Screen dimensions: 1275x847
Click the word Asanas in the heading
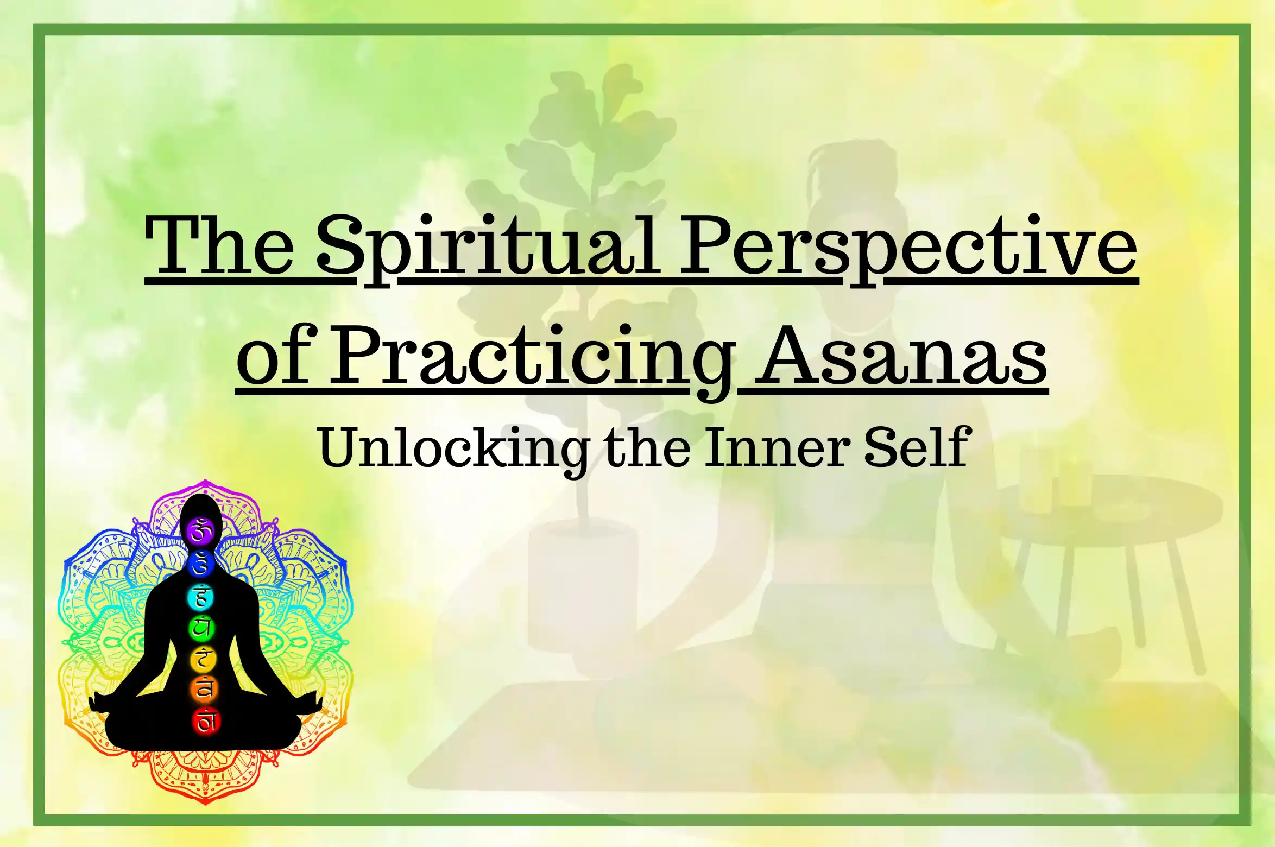pos(901,356)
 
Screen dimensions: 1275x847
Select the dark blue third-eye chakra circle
pos(201,564)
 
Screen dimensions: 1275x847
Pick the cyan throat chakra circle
pos(201,597)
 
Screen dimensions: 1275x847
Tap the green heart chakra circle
pos(202,628)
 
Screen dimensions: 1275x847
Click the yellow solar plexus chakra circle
pos(203,659)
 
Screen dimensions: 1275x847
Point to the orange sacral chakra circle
pos(204,690)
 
